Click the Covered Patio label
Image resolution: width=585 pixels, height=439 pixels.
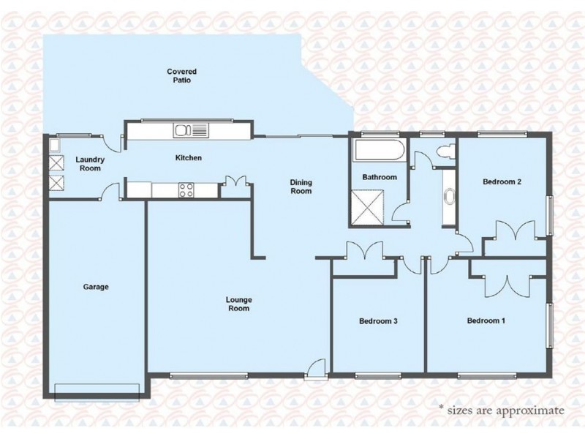(x=181, y=76)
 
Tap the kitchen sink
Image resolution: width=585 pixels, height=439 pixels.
(x=191, y=131)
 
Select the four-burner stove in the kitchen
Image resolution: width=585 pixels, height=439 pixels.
(x=186, y=190)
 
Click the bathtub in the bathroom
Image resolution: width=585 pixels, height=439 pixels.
(x=379, y=150)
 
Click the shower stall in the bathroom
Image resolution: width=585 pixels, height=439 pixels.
(x=368, y=207)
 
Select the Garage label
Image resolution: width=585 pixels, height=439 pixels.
(x=96, y=287)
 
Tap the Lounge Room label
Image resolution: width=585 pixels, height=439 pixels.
(x=239, y=304)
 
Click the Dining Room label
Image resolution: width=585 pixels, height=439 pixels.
(x=301, y=187)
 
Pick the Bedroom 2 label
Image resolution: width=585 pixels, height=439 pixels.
(x=502, y=181)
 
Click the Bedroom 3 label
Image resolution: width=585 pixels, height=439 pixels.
(x=378, y=321)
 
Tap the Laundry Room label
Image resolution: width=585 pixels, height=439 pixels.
(x=90, y=164)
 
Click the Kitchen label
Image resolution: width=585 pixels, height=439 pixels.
(x=189, y=158)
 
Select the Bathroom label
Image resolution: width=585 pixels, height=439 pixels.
(x=380, y=177)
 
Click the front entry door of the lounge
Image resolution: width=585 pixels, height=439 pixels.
(x=316, y=369)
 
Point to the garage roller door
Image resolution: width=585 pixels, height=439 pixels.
(x=97, y=393)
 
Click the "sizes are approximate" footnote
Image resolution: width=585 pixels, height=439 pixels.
(x=502, y=410)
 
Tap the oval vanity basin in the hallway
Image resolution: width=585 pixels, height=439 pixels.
(x=448, y=198)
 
